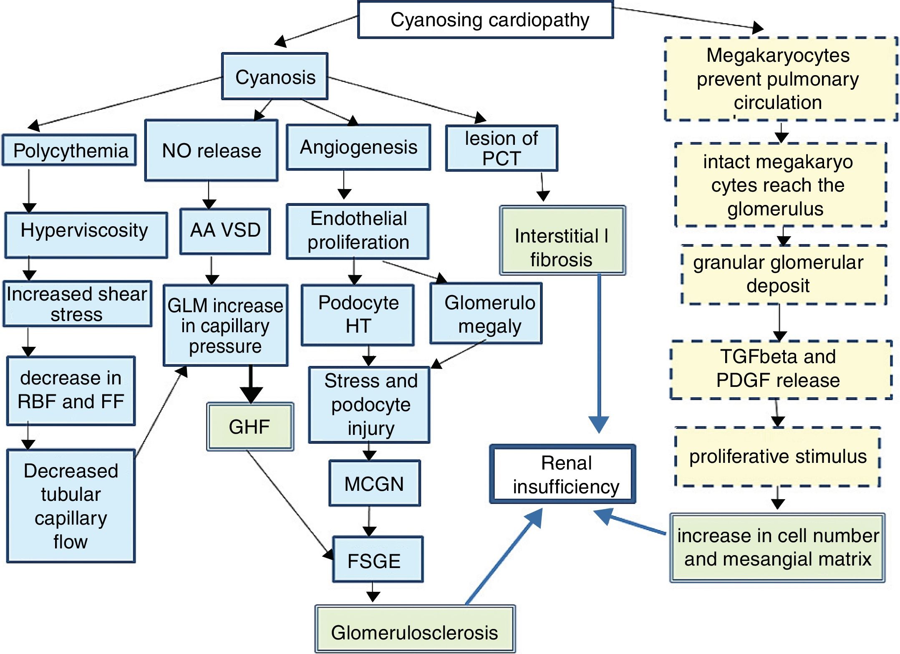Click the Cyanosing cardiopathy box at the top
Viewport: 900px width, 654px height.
click(x=486, y=20)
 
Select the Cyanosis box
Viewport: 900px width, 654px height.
click(x=275, y=76)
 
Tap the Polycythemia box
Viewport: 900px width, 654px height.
click(x=70, y=150)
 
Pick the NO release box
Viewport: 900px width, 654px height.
click(x=211, y=150)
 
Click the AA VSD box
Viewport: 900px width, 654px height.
click(x=225, y=231)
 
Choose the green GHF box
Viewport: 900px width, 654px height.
click(x=250, y=427)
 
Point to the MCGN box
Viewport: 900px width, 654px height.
click(x=374, y=483)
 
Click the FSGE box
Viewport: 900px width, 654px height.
click(x=377, y=560)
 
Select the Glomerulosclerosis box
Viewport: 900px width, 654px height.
click(x=415, y=629)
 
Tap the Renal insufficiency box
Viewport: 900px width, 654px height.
click(x=563, y=474)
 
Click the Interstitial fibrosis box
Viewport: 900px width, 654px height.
click(x=562, y=240)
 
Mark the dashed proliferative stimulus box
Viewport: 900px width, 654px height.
click(x=777, y=457)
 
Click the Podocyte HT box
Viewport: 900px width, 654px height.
click(x=358, y=315)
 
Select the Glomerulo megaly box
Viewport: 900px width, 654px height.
click(x=486, y=313)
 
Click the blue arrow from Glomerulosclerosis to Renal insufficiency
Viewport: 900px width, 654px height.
click(x=504, y=557)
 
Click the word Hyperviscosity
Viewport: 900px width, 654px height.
click(x=84, y=230)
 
